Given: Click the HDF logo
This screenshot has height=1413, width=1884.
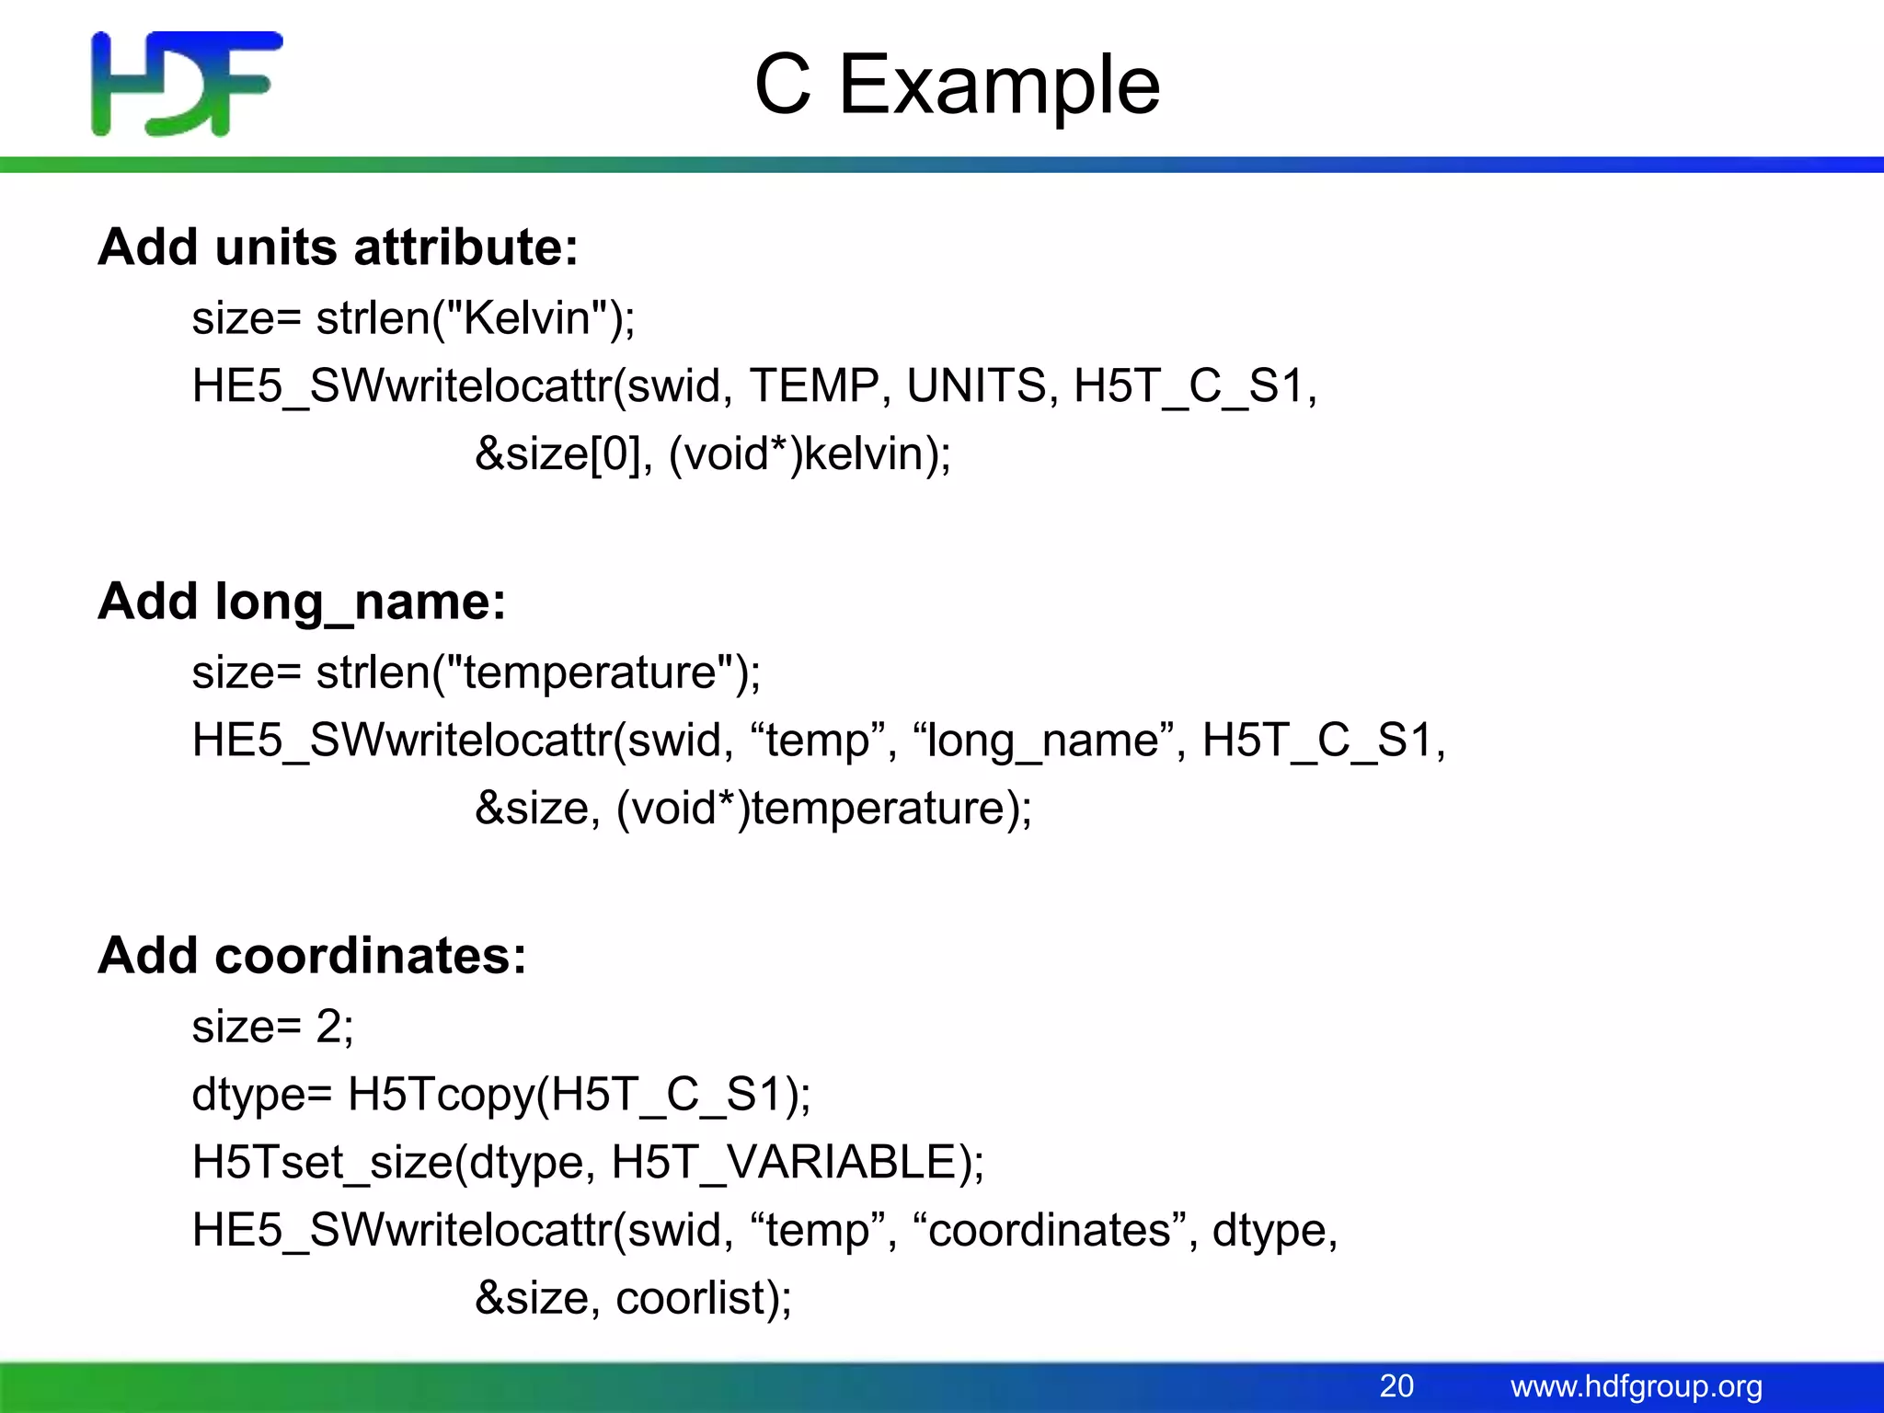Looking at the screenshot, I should [187, 84].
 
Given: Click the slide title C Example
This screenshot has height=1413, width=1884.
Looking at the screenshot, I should [957, 85].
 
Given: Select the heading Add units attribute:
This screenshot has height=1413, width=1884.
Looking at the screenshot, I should [339, 247].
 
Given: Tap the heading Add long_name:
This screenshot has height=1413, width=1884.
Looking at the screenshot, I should [302, 602].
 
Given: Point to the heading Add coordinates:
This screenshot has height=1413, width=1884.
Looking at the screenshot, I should [312, 956].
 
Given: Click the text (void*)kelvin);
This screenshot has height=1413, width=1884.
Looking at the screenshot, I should [810, 454].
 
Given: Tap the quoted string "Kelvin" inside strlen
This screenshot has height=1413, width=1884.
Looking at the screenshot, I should [525, 318].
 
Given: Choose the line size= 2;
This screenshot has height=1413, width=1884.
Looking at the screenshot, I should [272, 1026].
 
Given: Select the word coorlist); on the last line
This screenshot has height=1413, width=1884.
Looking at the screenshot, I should [704, 1298].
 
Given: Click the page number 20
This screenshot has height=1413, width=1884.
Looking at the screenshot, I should [1396, 1385].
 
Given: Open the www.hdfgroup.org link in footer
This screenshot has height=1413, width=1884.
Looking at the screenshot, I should [1636, 1386].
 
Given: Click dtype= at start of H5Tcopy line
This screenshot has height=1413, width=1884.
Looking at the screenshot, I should [261, 1095].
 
